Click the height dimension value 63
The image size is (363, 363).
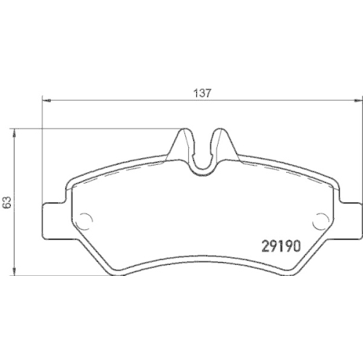7,203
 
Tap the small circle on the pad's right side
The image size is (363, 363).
321,218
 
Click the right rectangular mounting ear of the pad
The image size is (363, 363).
351,219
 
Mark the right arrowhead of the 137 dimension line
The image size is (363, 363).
358,100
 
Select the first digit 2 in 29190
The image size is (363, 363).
264,246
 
